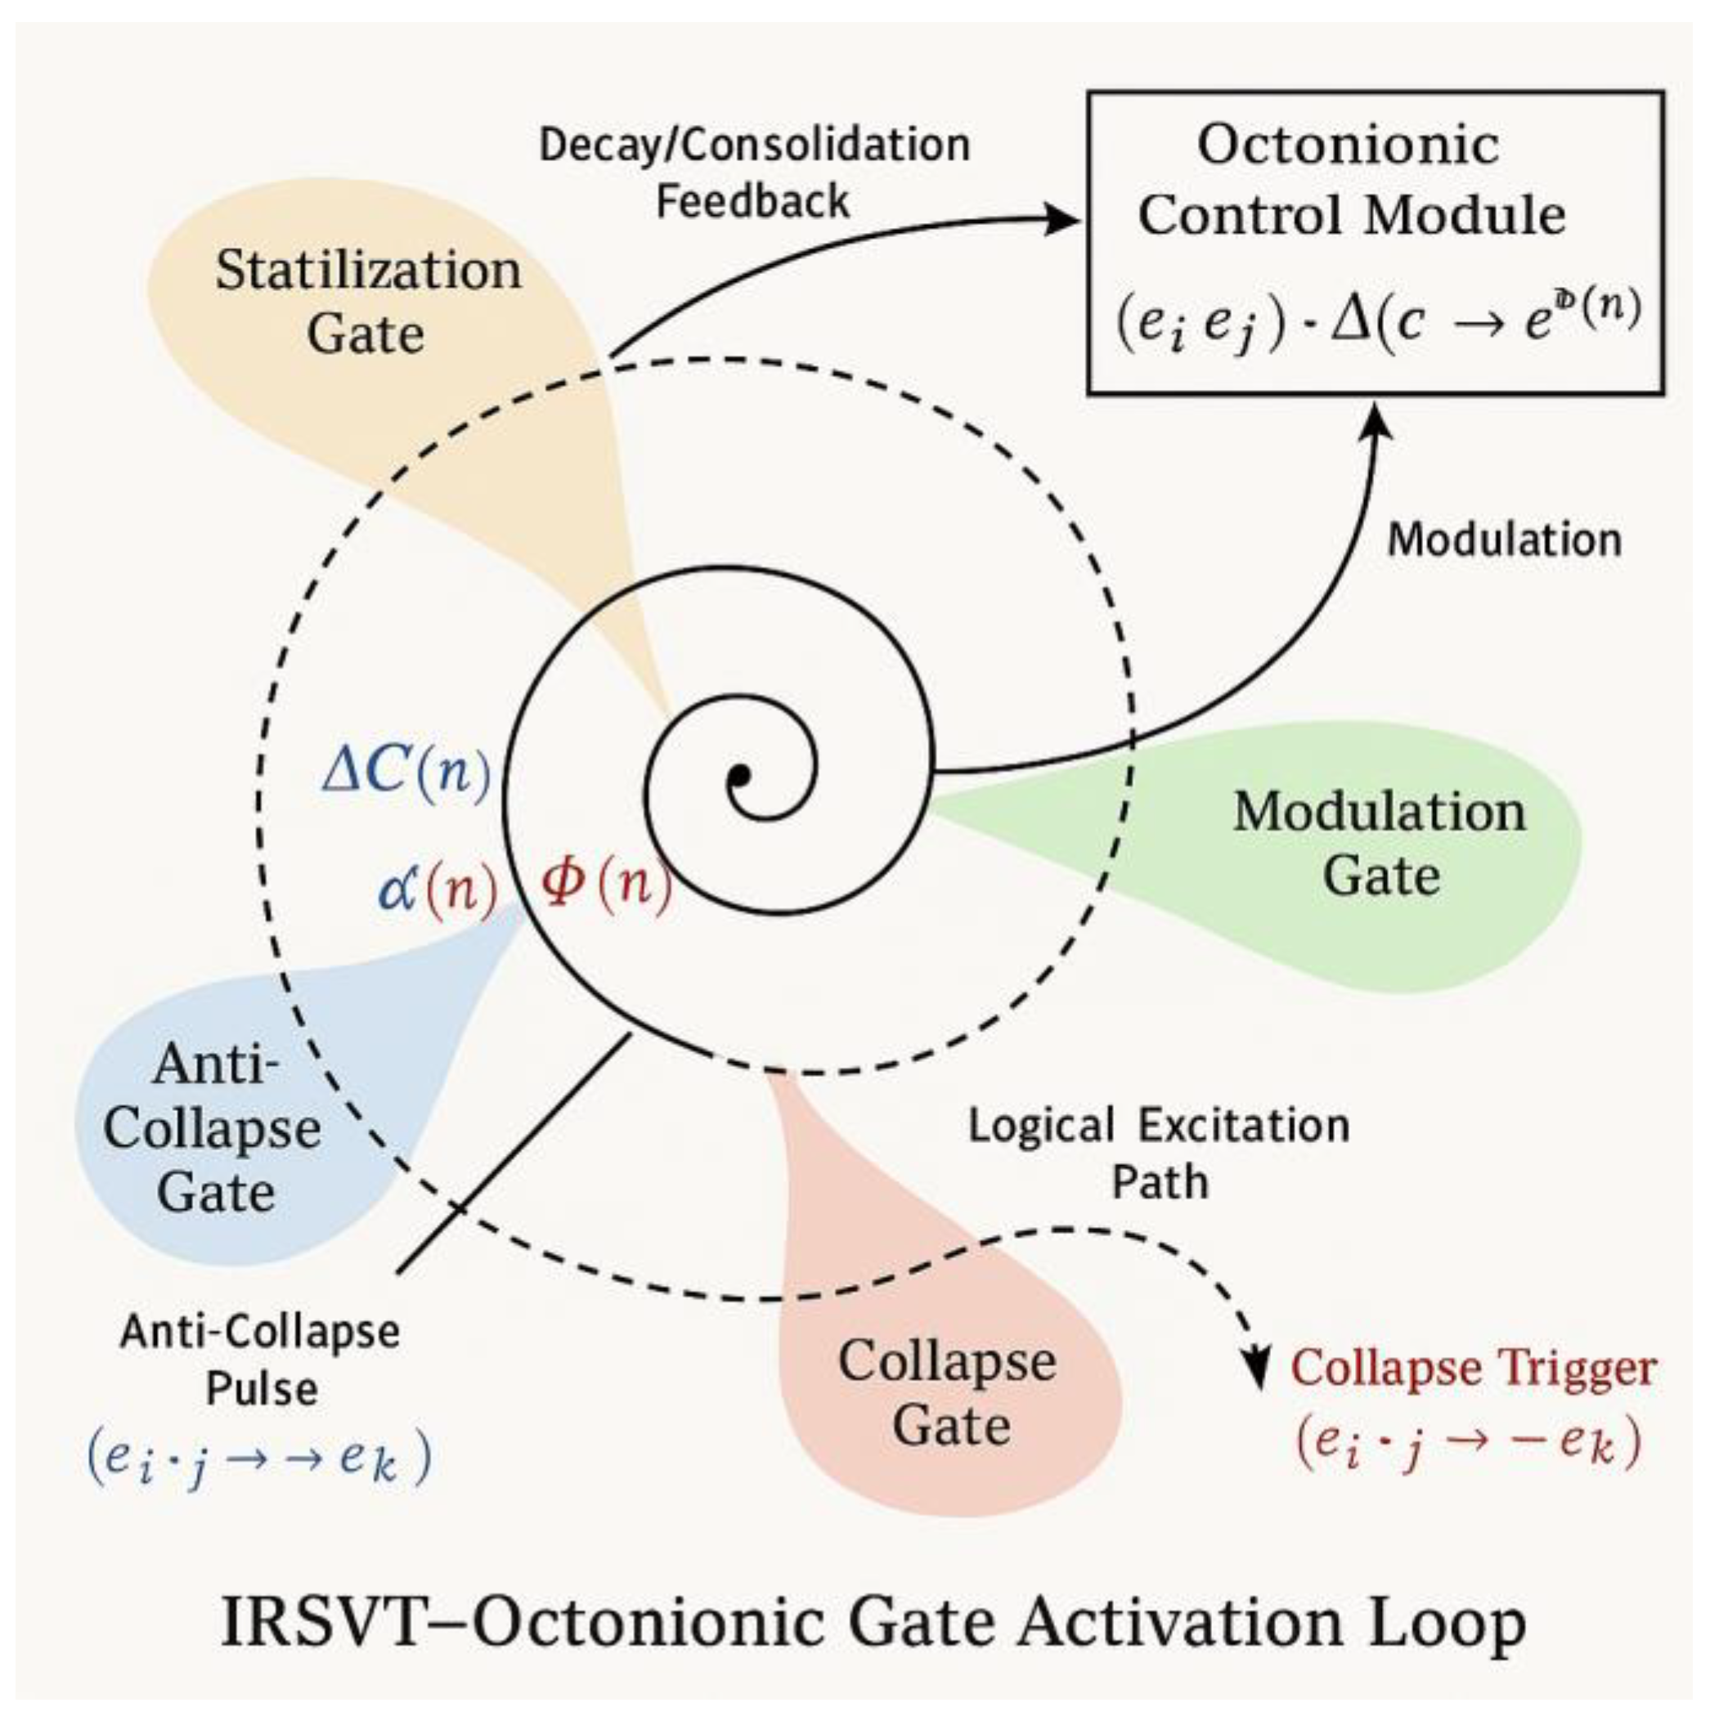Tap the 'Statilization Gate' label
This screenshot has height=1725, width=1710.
tap(367, 302)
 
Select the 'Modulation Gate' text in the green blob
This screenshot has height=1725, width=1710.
tap(1380, 842)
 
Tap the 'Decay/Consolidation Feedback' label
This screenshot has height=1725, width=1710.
tap(755, 172)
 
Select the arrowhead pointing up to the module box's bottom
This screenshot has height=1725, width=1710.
tap(1379, 418)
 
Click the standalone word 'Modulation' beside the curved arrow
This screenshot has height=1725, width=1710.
tap(1504, 540)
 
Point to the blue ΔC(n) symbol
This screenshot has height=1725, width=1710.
tap(406, 771)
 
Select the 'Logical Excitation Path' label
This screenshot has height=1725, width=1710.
tap(1159, 1153)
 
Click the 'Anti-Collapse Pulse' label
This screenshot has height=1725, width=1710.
tap(260, 1360)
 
